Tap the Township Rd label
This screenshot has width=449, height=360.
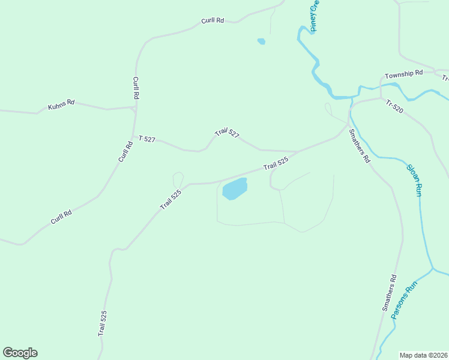(404, 73)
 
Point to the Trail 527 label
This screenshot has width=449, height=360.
(228, 133)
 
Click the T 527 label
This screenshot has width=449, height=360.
(147, 139)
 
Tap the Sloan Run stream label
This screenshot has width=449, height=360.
(414, 181)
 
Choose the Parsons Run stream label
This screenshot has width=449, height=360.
(403, 302)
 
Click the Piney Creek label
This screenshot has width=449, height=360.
(316, 16)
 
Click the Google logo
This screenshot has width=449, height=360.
(20, 353)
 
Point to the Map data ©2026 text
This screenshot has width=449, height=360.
(423, 355)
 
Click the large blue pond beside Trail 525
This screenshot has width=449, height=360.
(235, 188)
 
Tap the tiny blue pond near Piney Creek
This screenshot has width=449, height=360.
(261, 41)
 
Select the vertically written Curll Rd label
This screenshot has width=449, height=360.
(136, 88)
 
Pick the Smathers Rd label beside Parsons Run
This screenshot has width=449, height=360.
(389, 293)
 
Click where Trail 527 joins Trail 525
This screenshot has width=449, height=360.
(300, 152)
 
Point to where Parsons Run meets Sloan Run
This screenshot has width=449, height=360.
(432, 269)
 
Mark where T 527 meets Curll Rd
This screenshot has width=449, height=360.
(134, 137)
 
